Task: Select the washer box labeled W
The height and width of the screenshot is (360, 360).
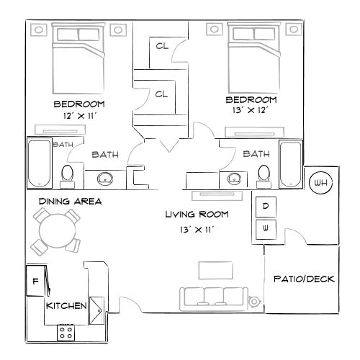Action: [265, 229]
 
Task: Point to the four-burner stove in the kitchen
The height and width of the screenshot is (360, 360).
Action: [66, 332]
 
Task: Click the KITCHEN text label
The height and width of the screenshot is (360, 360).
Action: [66, 306]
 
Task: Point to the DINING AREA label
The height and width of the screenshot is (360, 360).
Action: [70, 202]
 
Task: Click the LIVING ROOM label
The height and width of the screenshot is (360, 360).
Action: [197, 214]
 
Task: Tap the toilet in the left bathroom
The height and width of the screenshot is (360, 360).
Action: [67, 174]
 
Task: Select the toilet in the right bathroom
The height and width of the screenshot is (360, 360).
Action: [264, 173]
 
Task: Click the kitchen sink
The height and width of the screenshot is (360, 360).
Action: [96, 306]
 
